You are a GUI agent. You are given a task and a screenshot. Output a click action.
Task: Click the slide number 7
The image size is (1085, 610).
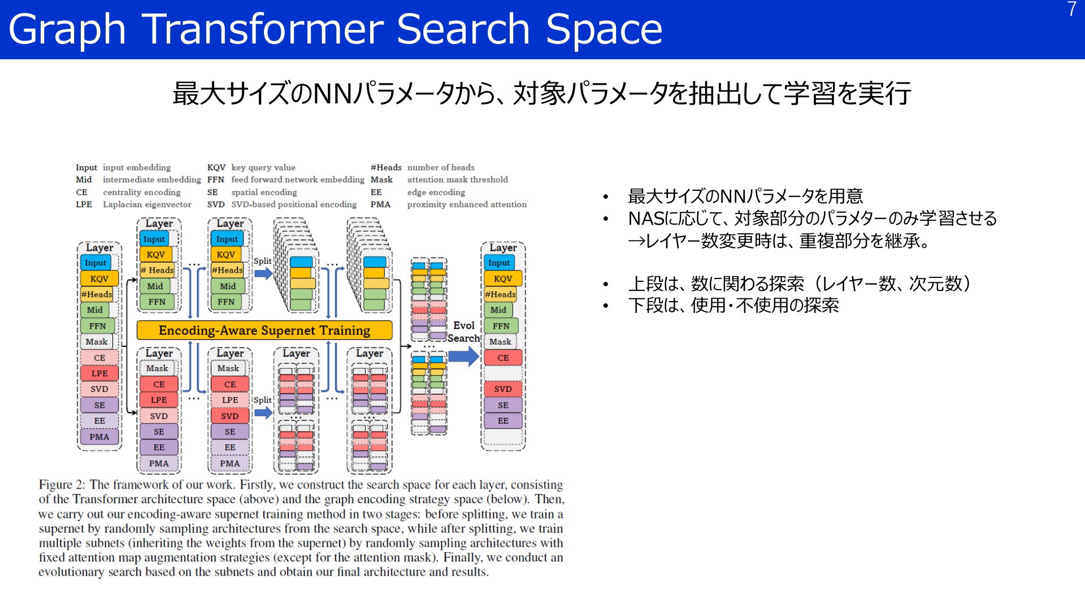1071,9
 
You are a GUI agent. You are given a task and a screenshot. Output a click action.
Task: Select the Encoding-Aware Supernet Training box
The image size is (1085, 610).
264,330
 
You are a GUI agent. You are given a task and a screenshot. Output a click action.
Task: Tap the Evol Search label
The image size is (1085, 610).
464,332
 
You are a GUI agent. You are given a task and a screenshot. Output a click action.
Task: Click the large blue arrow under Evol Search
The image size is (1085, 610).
464,356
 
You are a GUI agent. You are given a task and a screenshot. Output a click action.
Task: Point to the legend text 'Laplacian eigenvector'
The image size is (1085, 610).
147,204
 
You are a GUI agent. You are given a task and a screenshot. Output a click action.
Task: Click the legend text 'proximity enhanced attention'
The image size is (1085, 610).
467,204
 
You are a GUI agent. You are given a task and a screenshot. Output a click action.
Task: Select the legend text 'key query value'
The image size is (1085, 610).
263,168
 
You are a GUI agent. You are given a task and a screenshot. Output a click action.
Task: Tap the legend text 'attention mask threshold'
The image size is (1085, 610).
457,180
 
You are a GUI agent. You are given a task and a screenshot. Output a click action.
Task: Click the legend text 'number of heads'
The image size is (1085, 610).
441,168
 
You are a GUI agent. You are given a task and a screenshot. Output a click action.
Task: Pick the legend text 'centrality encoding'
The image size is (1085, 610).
141,192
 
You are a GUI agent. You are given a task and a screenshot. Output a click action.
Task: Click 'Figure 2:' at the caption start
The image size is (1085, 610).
62,485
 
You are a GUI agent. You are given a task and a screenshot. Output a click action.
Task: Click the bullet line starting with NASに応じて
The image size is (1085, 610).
813,219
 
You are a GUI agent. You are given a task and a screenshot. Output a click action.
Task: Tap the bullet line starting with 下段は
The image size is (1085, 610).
734,306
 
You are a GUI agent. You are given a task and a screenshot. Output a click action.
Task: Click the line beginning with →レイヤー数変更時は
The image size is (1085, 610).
779,241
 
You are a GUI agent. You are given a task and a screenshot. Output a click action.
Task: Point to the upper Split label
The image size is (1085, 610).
262,261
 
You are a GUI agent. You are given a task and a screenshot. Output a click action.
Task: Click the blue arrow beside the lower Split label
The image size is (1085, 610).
263,412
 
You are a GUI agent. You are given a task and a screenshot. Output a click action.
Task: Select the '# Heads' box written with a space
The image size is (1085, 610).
157,270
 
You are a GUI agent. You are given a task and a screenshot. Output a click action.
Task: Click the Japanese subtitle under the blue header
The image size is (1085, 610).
541,93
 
